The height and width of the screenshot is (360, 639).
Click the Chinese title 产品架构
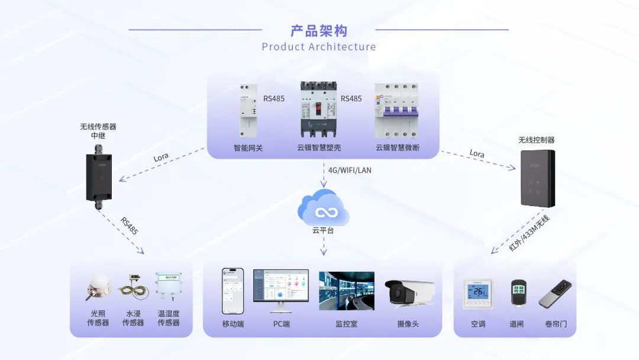(x=319, y=31)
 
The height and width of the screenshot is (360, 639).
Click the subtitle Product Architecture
(x=319, y=47)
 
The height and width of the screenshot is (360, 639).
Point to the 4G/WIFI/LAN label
(x=350, y=171)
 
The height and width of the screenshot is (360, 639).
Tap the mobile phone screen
(x=233, y=291)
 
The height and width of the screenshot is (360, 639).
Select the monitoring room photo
(x=346, y=291)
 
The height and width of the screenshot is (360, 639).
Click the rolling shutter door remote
(x=555, y=294)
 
